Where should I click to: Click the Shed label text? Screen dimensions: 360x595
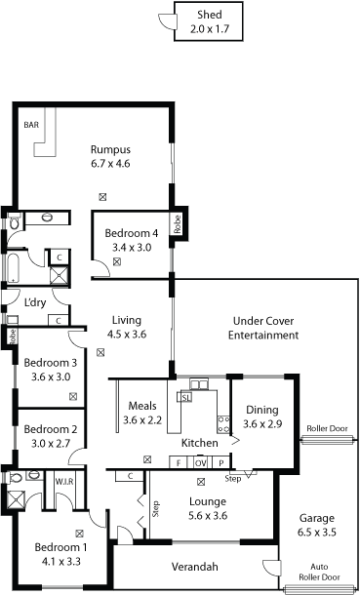210,16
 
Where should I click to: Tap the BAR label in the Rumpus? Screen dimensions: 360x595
31,125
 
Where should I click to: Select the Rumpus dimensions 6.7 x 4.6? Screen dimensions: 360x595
111,164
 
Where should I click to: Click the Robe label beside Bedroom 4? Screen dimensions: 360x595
178,224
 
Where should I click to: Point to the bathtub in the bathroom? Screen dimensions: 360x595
14,268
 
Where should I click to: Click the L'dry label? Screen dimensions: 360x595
35,302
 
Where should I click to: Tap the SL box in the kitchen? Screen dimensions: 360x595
185,397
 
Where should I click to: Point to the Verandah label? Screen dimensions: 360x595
195,567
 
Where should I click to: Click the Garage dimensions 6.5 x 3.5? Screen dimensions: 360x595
317,532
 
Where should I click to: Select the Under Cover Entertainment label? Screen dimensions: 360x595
263,329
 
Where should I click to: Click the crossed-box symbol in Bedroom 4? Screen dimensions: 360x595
117,261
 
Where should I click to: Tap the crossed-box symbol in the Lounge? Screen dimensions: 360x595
201,482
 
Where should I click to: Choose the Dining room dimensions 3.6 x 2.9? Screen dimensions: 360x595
262,424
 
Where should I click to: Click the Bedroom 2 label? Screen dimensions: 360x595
51,429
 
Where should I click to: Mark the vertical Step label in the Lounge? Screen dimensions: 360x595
156,509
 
